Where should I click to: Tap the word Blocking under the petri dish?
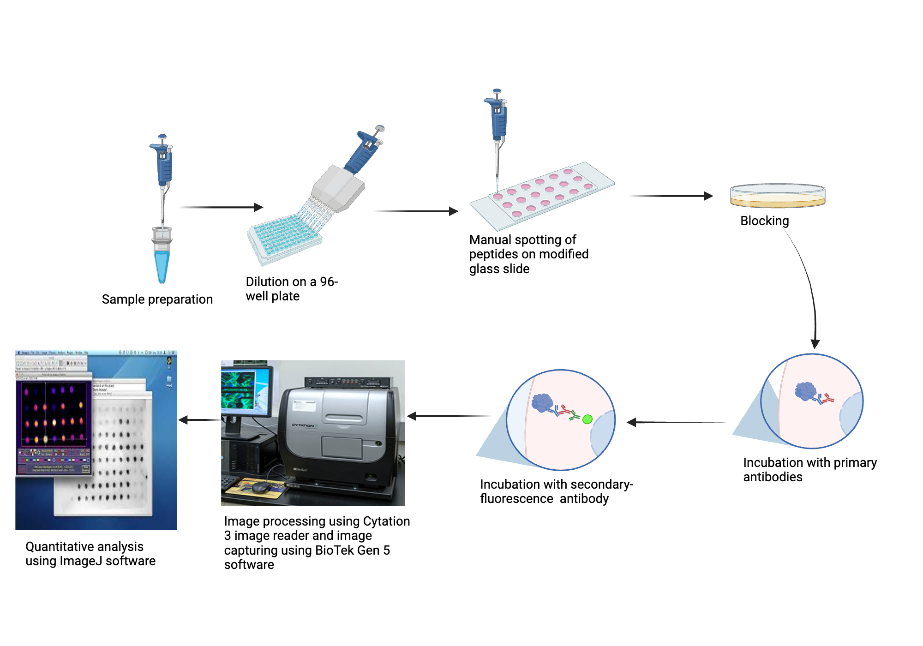[x=764, y=221]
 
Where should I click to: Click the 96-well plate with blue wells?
[x=284, y=238]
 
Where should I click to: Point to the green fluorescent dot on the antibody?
[x=587, y=419]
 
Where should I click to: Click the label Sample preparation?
[x=157, y=299]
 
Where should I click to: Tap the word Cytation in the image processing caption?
[x=386, y=521]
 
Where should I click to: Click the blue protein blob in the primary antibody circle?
[x=805, y=391]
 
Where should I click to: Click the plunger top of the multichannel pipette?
[x=380, y=128]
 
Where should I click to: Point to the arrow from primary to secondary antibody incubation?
[x=676, y=422]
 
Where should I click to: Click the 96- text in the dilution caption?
[x=329, y=281]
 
